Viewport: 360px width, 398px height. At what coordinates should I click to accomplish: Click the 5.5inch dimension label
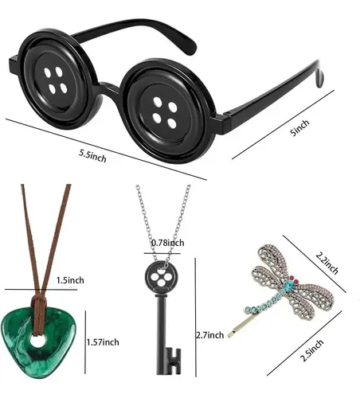[92, 157]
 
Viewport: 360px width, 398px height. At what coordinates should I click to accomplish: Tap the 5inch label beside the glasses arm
[300, 127]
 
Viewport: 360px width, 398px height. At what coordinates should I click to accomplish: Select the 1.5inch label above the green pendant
[70, 280]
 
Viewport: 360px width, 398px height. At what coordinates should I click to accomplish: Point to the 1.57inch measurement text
[103, 342]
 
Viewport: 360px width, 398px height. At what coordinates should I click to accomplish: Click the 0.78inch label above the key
[167, 243]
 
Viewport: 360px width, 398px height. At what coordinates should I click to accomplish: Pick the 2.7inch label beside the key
[210, 335]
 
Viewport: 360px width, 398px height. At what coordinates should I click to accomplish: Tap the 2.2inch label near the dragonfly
[327, 263]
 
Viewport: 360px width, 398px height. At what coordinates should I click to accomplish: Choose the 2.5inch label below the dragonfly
[311, 350]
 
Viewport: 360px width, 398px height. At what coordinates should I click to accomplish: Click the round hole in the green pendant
[37, 341]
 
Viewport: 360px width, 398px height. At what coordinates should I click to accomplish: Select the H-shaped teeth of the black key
[174, 361]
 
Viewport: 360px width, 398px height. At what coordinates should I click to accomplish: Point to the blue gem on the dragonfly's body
[289, 286]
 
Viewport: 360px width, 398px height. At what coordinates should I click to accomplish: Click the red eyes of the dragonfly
[294, 279]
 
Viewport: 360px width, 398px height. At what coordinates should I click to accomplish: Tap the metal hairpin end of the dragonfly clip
[230, 335]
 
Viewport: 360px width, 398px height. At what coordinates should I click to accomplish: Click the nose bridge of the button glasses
[111, 89]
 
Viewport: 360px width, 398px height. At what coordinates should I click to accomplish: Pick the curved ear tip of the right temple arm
[319, 78]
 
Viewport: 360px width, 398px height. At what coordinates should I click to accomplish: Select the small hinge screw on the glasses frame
[227, 114]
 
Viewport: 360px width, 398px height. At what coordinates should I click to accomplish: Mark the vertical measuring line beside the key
[195, 318]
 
